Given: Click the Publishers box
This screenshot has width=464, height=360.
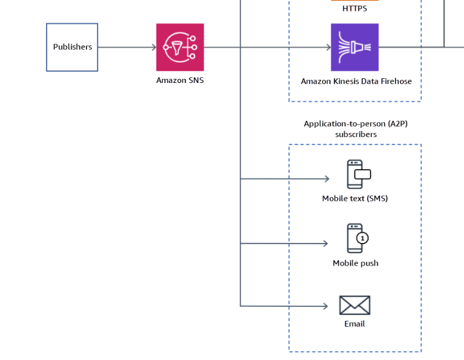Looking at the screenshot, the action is tap(72, 47).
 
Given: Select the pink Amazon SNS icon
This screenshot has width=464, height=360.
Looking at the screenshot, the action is tap(180, 47).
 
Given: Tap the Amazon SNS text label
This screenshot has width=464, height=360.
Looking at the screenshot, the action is tap(180, 81).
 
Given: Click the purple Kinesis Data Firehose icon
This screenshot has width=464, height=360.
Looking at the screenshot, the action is tap(354, 47).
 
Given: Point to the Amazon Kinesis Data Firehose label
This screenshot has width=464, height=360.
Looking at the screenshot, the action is tap(356, 81).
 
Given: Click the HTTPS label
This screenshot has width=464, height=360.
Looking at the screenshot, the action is tap(354, 9).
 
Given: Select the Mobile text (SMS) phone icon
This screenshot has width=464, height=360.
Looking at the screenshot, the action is tap(359, 174).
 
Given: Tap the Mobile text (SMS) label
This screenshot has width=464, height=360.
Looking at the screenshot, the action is tap(355, 199).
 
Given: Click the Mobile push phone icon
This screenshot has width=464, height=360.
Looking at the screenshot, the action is tap(358, 238).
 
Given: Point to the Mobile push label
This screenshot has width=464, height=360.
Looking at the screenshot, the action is tap(356, 263).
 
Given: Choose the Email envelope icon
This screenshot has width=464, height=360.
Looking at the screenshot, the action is tap(354, 305).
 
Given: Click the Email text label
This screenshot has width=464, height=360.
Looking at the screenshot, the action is tap(354, 324).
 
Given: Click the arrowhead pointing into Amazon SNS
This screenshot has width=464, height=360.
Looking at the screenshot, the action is tap(154, 47).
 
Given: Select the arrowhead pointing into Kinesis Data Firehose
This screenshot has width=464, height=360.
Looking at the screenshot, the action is tap(329, 47).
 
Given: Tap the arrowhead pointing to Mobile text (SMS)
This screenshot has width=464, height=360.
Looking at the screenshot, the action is tap(327, 179).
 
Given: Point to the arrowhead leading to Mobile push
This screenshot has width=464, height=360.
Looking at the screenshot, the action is tap(326, 244).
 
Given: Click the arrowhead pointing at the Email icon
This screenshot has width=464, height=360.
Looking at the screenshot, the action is tap(326, 306).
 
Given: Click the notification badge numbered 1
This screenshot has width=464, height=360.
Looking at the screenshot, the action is tap(363, 238).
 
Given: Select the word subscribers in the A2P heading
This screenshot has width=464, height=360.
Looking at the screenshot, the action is tap(356, 135).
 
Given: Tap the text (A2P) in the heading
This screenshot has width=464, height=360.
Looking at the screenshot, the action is tap(398, 124).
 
